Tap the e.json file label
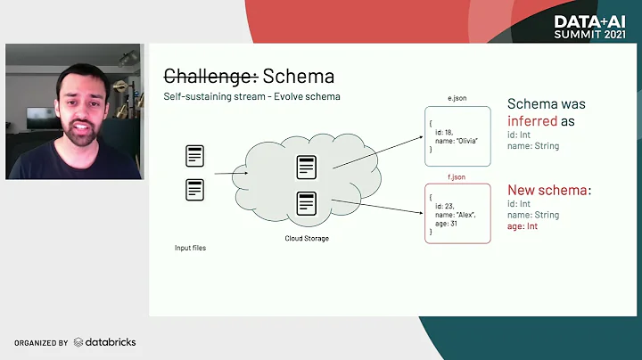click(457, 100)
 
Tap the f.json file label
click(457, 176)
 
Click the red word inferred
click(533, 120)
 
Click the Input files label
click(190, 247)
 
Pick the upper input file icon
click(195, 157)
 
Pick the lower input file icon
click(195, 189)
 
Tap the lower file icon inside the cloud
click(307, 202)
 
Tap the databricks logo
click(104, 342)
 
